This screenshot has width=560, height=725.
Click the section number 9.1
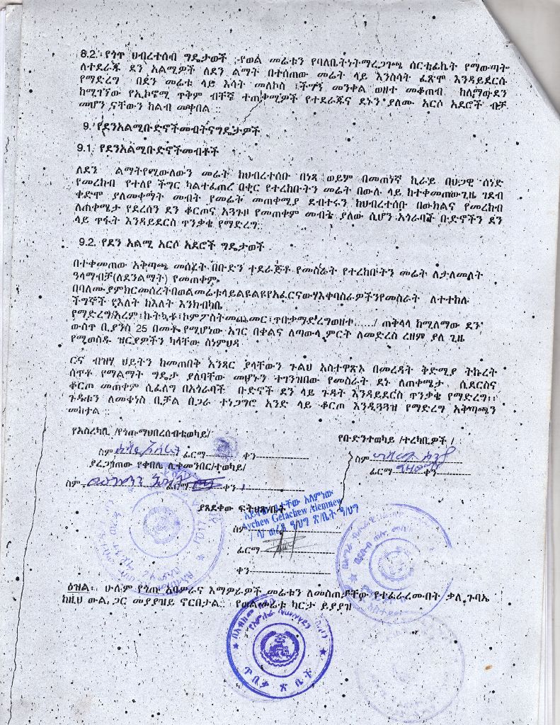(86, 149)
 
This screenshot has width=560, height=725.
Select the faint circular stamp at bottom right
(411, 666)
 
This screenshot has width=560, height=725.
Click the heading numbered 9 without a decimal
(170, 130)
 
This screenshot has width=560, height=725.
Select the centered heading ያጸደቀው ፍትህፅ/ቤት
(242, 508)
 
